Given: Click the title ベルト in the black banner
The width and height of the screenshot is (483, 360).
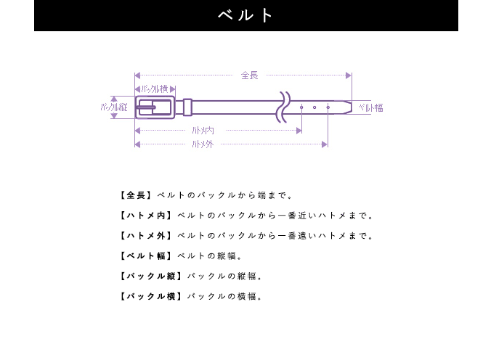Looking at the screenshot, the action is [245, 15].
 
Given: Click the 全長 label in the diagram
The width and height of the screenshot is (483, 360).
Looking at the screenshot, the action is [249, 75].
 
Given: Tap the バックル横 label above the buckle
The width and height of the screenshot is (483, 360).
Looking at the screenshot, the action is [155, 89].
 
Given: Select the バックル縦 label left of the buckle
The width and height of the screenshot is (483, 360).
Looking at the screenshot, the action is [114, 107].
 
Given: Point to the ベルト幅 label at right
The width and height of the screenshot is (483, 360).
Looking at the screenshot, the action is [371, 107].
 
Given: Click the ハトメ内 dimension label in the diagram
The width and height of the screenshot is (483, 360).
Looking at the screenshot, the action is [203, 131].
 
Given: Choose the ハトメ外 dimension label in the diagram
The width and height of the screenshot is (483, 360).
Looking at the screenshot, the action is [203, 144].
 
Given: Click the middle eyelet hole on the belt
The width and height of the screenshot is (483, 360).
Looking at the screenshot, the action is [314, 107].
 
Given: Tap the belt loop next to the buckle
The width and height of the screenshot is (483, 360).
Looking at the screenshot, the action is [187, 107].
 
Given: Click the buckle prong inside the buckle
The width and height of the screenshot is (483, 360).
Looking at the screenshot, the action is [146, 107].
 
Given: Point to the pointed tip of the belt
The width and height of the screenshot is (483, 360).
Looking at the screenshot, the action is [351, 107].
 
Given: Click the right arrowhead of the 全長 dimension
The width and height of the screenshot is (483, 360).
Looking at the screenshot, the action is [349, 75].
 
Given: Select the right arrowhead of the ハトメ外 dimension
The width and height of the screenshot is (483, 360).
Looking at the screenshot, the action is [325, 144].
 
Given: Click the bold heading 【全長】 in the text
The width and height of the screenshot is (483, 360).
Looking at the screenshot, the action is [136, 195].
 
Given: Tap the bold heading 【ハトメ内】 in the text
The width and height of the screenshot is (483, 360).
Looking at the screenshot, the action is [146, 216].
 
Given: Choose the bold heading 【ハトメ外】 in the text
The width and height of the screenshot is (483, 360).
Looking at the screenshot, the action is [146, 236].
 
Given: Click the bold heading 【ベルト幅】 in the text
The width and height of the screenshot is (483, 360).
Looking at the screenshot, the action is [146, 255].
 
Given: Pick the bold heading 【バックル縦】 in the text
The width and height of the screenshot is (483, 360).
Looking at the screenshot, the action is [151, 276].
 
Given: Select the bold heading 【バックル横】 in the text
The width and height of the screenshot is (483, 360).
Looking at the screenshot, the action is [151, 296].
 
